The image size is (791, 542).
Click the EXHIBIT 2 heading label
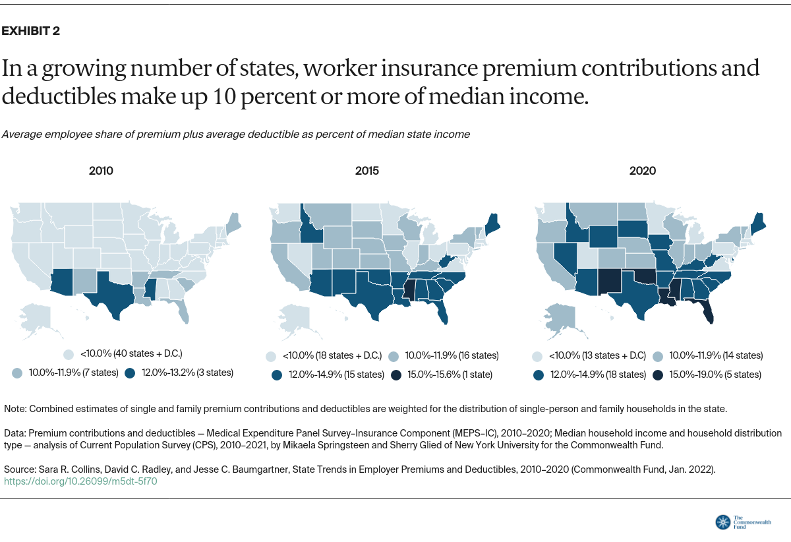31,31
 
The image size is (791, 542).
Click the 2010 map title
101,171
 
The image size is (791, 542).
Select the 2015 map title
366,171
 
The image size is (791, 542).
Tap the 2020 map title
642,171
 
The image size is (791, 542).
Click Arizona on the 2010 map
62,280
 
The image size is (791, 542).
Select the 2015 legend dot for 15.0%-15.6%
396,375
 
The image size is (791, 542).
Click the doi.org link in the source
80,481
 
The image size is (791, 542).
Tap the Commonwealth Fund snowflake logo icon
722,522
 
